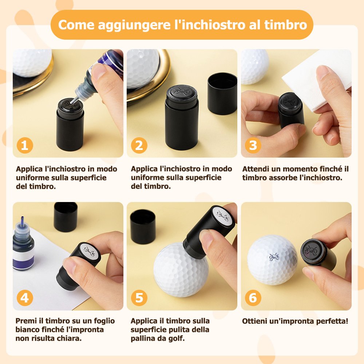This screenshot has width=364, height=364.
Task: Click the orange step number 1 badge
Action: coord(25,146)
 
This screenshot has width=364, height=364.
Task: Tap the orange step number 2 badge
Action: coord(139,146)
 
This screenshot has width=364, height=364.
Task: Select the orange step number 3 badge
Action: coord(253,146)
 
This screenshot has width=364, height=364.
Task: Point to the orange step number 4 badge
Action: coord(25,298)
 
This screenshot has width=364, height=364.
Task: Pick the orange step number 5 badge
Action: coord(139,298)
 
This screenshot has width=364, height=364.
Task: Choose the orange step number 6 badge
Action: coord(253,298)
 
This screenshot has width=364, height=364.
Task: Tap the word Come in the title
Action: coord(76,25)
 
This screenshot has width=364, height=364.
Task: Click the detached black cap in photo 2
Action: coord(222,94)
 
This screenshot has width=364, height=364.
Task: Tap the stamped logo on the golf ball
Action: coord(274,257)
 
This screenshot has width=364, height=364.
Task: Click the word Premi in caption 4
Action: coord(26,321)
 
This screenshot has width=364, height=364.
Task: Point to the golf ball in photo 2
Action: coord(142,69)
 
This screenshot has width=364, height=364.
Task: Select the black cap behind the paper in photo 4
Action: coord(66,217)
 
